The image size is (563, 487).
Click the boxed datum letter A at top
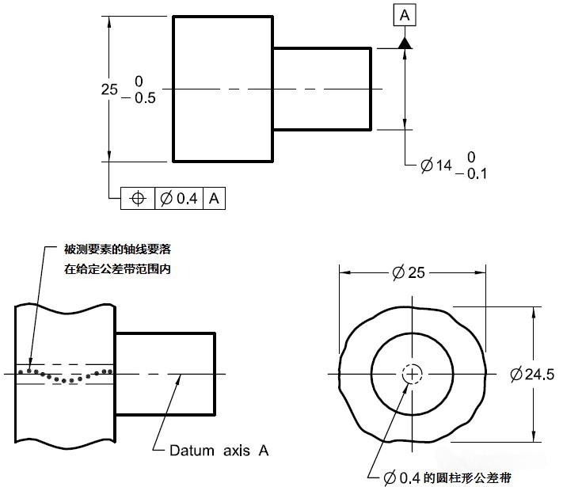[405, 15]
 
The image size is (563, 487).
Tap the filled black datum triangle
[405, 43]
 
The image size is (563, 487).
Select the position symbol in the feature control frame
[138, 198]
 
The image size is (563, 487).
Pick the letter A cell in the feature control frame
[214, 198]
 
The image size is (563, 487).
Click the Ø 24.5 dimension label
[532, 375]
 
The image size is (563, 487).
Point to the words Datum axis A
[219, 451]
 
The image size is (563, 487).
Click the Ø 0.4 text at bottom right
[402, 477]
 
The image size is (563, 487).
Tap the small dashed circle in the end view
[412, 374]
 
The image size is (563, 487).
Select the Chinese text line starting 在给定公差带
[118, 268]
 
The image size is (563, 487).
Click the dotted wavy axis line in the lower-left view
[67, 375]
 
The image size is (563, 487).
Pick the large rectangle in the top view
[223, 88]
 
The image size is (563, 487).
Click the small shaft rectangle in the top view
[322, 88]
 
